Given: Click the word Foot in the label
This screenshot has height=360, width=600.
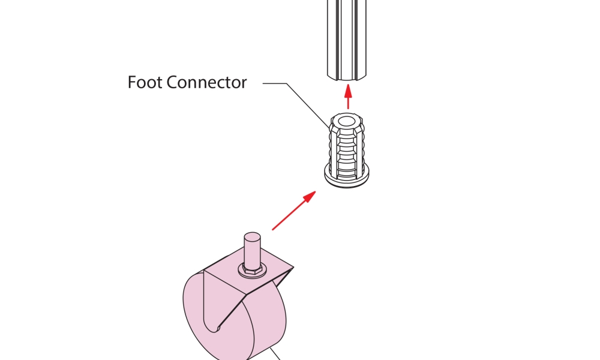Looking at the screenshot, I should pos(145,82).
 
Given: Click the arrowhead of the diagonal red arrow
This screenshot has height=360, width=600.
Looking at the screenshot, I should pos(310,196).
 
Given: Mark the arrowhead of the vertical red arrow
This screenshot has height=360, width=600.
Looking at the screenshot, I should pos(348,90).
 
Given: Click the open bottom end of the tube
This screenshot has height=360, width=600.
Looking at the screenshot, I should pos(348,77).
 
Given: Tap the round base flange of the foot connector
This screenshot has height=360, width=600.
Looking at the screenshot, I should pos(347,178).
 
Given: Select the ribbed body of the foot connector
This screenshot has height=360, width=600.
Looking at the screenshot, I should pos(347,150).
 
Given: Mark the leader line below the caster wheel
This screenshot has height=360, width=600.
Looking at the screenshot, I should pos(276,354).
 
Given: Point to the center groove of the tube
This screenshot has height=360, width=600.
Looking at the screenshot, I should pos(348,36).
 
